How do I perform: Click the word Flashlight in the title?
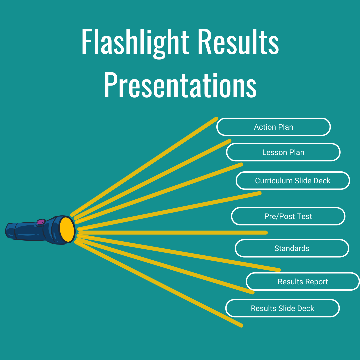point(135,43)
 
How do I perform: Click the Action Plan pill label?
point(273,127)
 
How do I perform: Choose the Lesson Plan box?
point(283,152)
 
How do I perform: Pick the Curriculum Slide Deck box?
point(293,181)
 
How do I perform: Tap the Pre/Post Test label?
point(288,216)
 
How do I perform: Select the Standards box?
point(292,248)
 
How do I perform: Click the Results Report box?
point(303,282)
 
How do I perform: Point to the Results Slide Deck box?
point(282,308)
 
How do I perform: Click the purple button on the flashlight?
point(41,222)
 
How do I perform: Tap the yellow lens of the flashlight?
point(67,229)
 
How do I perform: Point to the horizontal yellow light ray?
point(173,232)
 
